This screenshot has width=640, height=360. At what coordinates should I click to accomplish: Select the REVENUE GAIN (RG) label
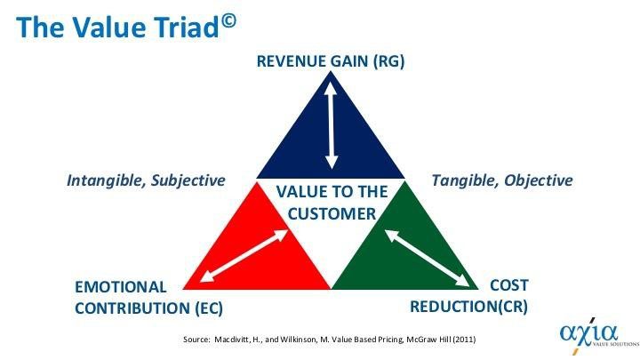point(330,62)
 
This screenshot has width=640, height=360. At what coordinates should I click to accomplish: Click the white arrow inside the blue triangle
point(331,124)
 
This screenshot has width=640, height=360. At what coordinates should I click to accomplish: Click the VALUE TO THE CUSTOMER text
point(331,203)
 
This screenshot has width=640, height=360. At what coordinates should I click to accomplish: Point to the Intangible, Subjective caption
point(146,180)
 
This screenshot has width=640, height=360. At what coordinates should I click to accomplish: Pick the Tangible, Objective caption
point(501,180)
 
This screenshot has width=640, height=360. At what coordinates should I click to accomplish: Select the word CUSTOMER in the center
point(331,213)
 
